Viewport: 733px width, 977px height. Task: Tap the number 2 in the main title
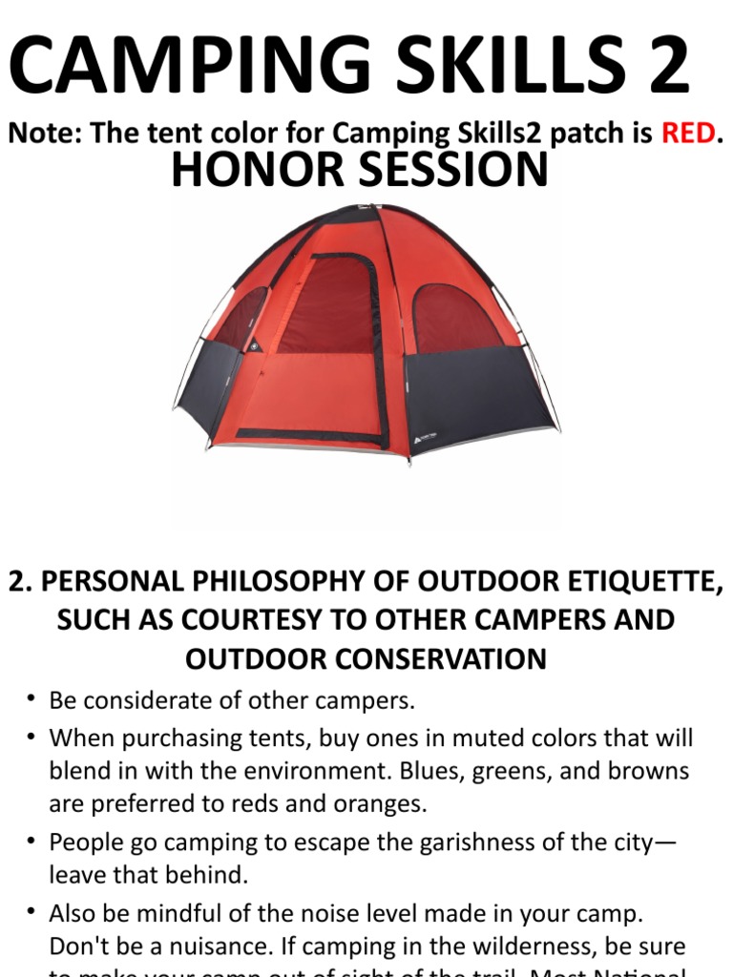659,65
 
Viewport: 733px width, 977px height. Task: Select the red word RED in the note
687,133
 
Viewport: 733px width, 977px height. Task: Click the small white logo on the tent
423,437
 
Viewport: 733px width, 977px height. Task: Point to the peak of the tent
367,208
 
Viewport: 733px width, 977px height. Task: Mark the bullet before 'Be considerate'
31,700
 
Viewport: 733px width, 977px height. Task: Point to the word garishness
445,842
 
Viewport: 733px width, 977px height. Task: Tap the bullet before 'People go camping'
31,842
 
